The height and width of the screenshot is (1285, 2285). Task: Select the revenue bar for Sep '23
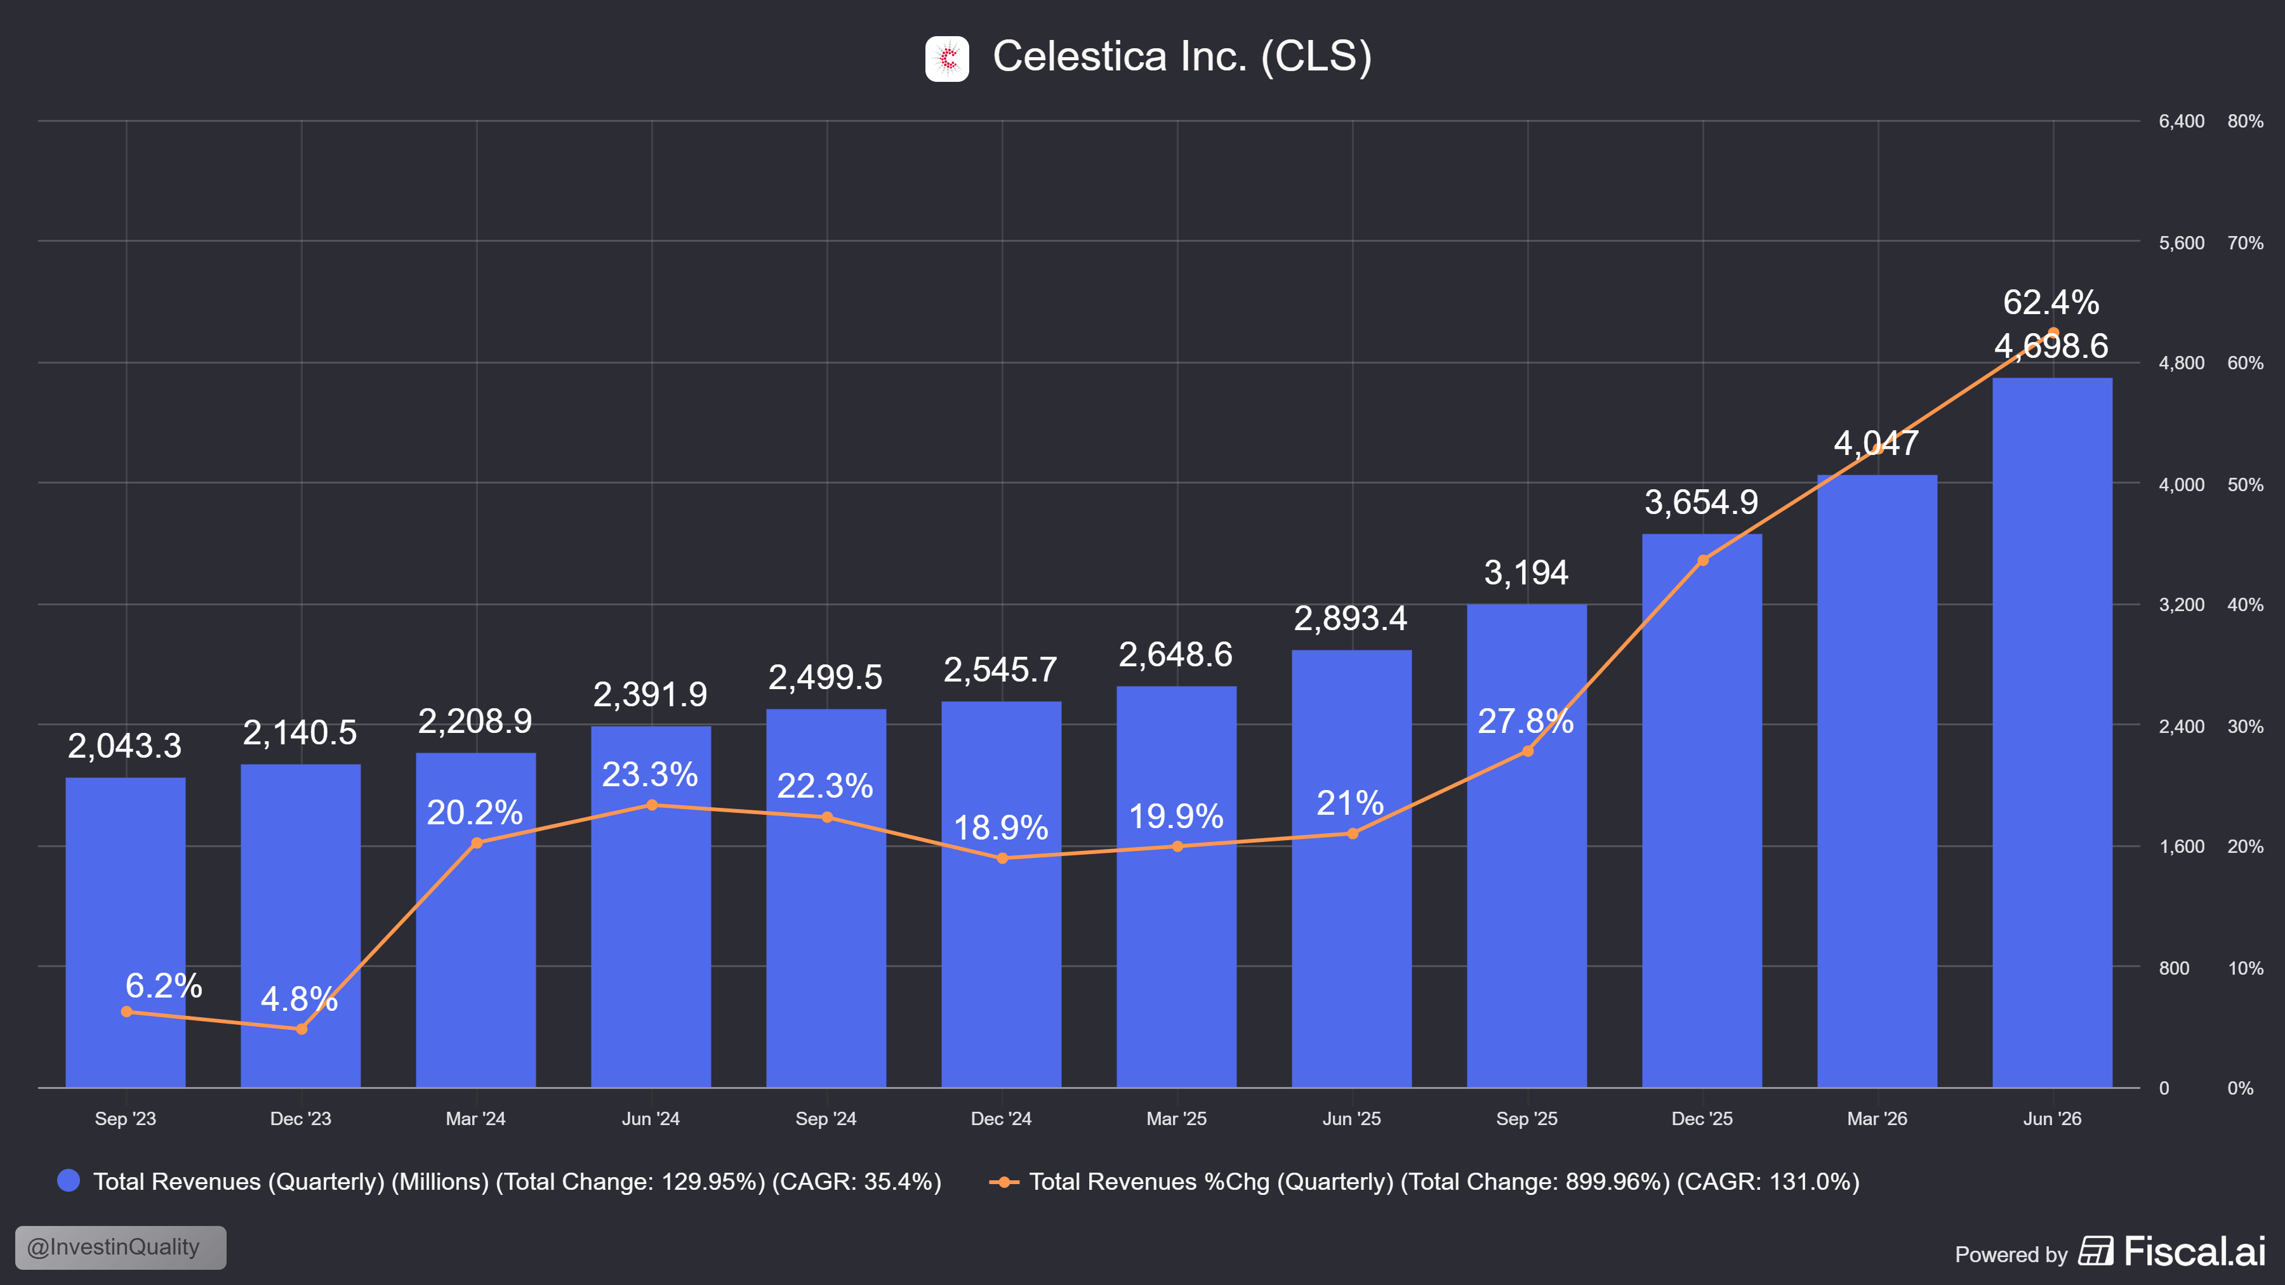[125, 932]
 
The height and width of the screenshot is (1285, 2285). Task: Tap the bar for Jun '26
[2051, 732]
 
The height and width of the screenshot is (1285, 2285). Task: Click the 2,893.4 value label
[1350, 618]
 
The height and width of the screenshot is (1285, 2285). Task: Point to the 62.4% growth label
[2051, 303]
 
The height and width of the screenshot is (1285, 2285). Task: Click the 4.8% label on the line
[299, 999]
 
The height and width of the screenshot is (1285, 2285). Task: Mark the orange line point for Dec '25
[1702, 560]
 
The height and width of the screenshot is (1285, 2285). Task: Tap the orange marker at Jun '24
[652, 805]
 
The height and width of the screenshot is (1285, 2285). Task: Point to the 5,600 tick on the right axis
[2181, 242]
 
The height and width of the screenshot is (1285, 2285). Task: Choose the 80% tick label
[2245, 121]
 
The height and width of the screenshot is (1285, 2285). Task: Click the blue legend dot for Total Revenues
[69, 1180]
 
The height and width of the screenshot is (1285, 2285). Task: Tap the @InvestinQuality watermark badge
[121, 1247]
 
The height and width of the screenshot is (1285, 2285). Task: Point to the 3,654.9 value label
[1701, 502]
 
